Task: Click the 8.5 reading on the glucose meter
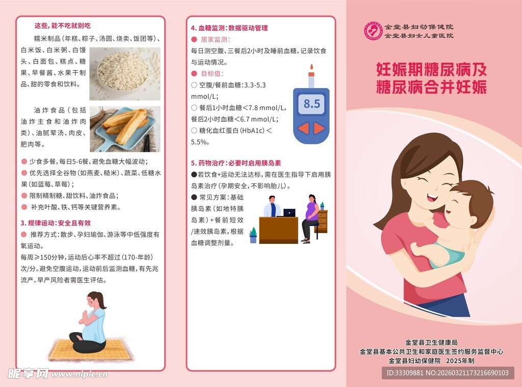point(311,104)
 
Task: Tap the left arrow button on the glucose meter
point(304,128)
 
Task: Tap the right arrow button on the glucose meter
point(319,128)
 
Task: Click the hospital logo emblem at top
point(373,31)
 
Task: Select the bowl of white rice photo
point(125,73)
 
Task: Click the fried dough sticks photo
point(125,129)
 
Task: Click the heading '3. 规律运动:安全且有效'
point(56,223)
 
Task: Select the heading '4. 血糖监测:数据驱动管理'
point(229,28)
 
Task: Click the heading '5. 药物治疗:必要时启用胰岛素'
point(236,163)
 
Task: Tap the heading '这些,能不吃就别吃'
point(62,25)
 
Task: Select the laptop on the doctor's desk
point(289,212)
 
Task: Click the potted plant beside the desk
point(253,235)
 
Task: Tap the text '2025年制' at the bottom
point(460,361)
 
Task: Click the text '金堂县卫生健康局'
point(431,342)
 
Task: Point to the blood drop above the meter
point(311,67)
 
